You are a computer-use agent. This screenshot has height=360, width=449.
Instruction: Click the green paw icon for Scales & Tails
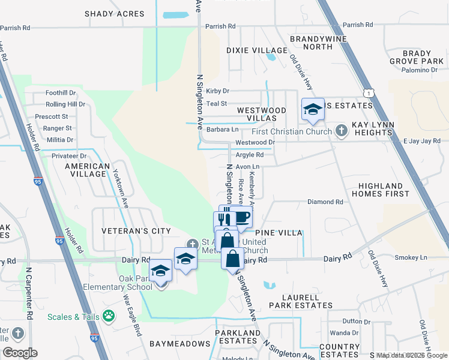(x=109, y=315)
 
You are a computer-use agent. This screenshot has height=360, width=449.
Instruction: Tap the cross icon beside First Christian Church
(x=341, y=131)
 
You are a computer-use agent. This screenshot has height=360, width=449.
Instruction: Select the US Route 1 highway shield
(x=370, y=92)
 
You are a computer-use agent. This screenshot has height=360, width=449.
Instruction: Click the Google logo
(x=20, y=352)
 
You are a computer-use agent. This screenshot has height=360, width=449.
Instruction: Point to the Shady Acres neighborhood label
(x=115, y=14)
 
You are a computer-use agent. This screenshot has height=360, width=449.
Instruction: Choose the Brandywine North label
(x=311, y=42)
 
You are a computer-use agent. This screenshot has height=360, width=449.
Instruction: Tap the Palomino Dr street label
(x=421, y=70)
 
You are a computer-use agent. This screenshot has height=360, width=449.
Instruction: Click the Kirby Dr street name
(x=217, y=91)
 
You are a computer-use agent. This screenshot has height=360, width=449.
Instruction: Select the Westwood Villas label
(x=261, y=115)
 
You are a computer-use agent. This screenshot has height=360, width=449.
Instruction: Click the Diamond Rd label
(x=325, y=202)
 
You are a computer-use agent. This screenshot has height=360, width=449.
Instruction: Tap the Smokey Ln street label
(x=411, y=257)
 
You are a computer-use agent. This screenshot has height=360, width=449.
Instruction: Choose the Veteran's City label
(x=136, y=231)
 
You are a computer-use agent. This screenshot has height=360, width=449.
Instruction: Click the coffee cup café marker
(x=241, y=218)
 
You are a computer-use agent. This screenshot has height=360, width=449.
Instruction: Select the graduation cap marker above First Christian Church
(x=313, y=109)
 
